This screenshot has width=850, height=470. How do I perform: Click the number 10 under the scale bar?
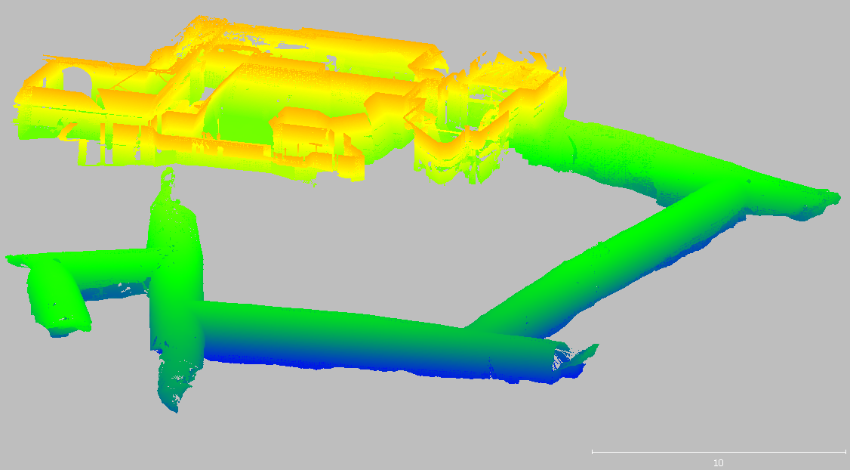718,463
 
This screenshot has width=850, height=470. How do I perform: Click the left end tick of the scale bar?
593,452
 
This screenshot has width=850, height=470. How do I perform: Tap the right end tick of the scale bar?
845,452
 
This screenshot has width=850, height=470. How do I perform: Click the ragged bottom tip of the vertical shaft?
174,408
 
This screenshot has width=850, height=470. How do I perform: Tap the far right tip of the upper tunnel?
837,197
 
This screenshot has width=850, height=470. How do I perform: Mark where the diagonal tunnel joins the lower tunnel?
476,326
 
